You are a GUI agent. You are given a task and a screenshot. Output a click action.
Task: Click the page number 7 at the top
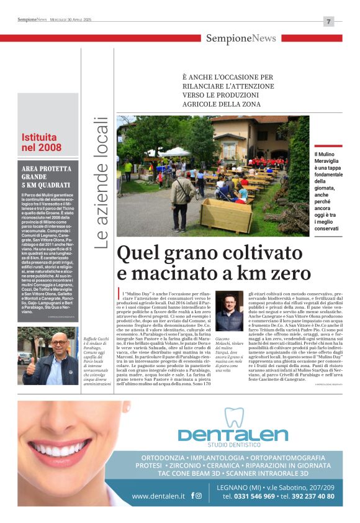pos(328,21)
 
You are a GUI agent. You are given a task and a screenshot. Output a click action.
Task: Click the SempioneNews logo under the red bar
pos(241,39)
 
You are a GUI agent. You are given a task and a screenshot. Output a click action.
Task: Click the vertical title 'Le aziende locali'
pos(101,183)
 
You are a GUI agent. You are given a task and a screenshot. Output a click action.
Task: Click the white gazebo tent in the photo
pos(169,152)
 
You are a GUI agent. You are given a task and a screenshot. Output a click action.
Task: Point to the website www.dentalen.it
pos(158,496)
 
